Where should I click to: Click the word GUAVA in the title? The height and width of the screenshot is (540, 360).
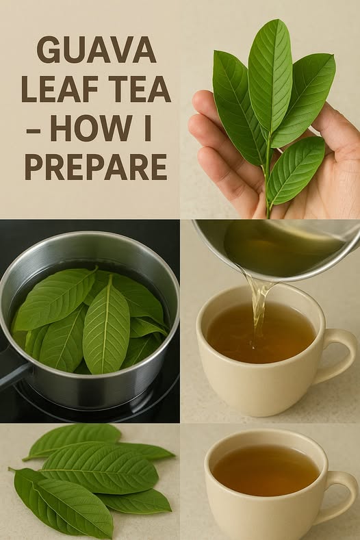[x=97, y=49]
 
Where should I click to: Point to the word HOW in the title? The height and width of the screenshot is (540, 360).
[x=91, y=128]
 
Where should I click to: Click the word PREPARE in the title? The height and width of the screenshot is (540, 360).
[x=96, y=167]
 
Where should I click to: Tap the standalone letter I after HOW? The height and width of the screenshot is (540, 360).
[x=148, y=128]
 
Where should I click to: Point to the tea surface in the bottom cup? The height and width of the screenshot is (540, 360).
[x=266, y=470]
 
